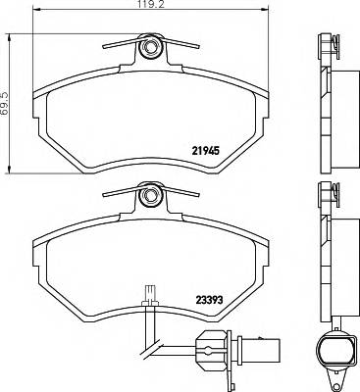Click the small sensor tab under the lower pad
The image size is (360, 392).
148,291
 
